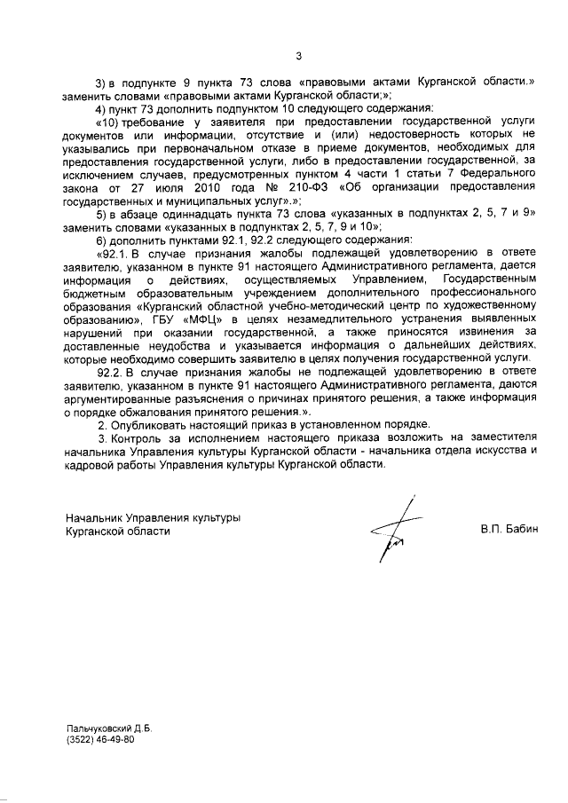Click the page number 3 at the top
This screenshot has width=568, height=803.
tap(298, 56)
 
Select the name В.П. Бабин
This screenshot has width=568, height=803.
tap(509, 530)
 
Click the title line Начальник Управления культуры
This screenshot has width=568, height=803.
tap(154, 517)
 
